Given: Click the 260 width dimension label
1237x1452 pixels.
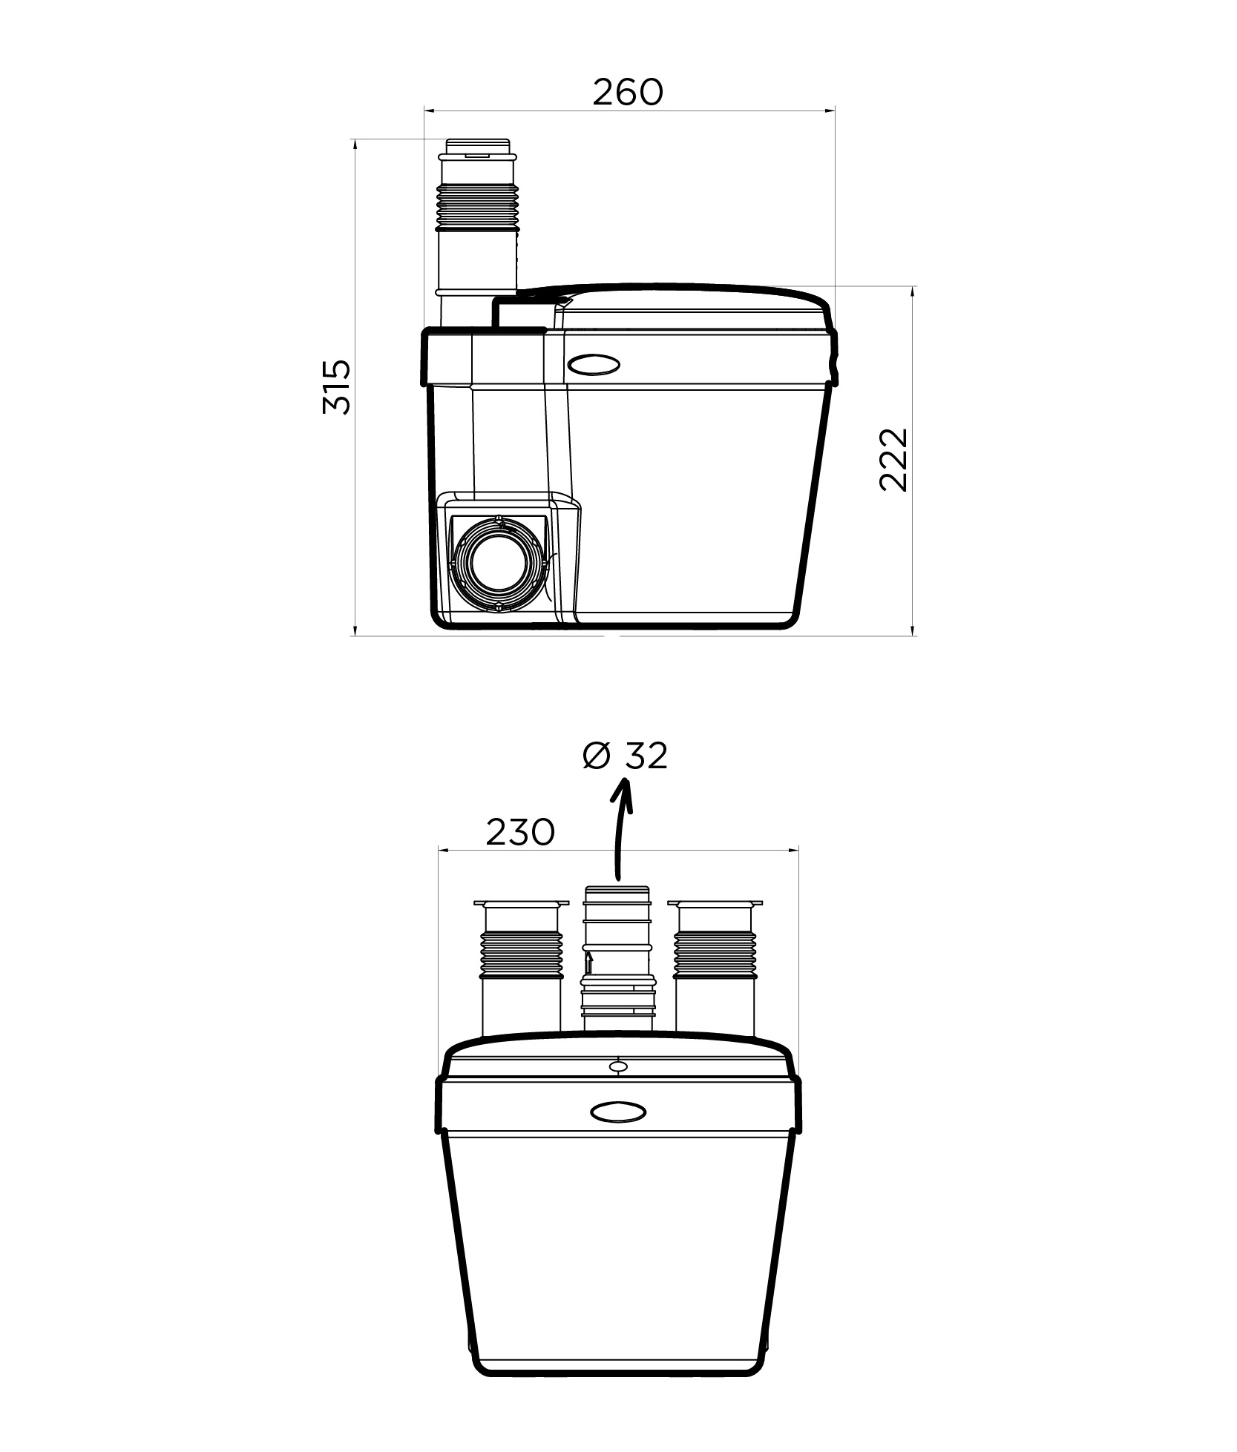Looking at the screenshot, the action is tap(627, 92).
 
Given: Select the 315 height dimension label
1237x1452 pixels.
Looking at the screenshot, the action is tap(337, 387).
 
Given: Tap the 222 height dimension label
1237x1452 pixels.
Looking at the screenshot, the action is tap(893, 460).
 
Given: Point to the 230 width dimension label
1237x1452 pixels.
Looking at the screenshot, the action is tap(520, 832).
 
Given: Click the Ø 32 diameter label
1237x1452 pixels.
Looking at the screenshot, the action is tap(626, 756).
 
